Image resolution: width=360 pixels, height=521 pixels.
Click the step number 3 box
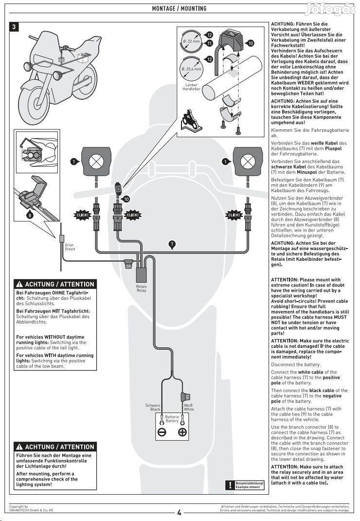[16, 27]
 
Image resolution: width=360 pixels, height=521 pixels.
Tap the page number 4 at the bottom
[179, 512]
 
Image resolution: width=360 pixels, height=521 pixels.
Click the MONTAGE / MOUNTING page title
[179, 8]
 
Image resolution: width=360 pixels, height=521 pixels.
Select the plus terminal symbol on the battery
[182, 432]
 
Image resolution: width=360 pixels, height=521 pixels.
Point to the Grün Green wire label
[70, 247]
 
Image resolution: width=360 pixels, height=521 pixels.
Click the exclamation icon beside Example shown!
[229, 485]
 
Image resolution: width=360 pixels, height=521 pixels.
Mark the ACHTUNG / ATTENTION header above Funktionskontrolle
[54, 447]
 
